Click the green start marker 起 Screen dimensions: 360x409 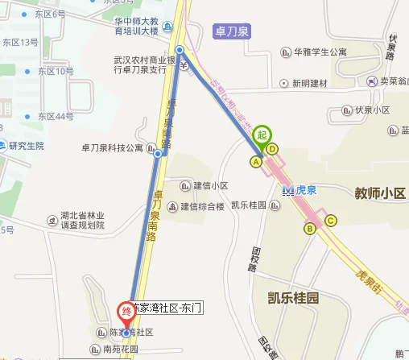tap(262, 135)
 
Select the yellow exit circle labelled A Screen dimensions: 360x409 tap(257, 162)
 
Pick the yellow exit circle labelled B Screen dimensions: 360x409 tap(309, 228)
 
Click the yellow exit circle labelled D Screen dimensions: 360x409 tap(273, 148)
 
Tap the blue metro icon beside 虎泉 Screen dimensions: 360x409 tap(287, 190)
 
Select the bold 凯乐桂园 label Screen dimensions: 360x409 tap(293, 298)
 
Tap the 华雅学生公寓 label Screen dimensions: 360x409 tap(320, 52)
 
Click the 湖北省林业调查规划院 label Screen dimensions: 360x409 tap(83, 221)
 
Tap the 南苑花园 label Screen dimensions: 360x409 tap(121, 350)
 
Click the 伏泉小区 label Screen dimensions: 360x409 tap(372, 110)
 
